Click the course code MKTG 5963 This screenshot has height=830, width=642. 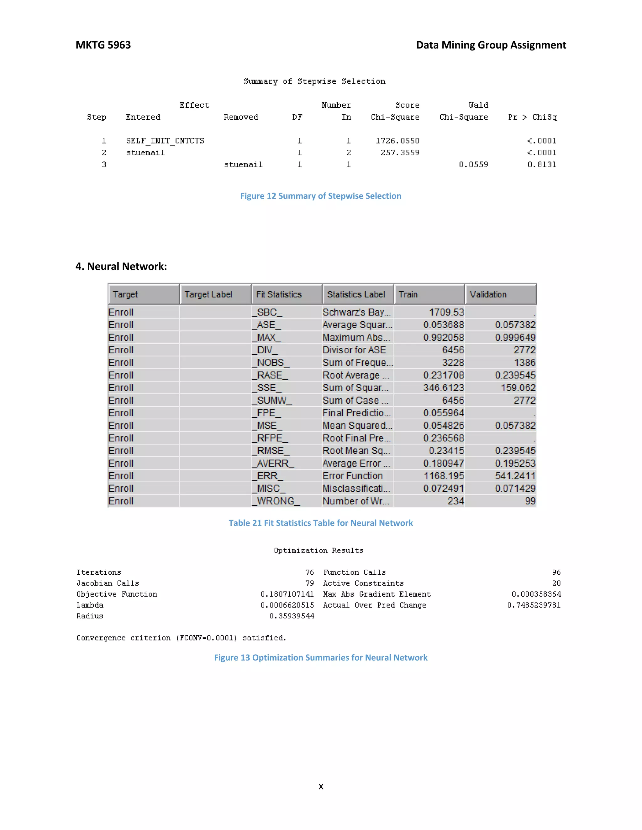(x=103, y=45)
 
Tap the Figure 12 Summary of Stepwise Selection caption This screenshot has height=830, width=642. (x=321, y=196)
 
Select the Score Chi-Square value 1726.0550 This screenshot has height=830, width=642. (x=397, y=141)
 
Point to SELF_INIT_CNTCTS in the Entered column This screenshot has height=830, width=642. (x=165, y=141)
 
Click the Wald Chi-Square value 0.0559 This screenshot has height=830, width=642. (x=473, y=164)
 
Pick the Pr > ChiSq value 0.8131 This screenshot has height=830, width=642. (x=542, y=164)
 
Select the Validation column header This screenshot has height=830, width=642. (x=488, y=294)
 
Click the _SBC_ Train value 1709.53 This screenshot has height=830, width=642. (x=446, y=312)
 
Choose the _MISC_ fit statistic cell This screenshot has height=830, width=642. (x=269, y=488)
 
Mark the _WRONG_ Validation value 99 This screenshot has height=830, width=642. (x=530, y=501)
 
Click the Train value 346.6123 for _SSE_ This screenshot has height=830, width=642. (x=444, y=388)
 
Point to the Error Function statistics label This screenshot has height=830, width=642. (x=353, y=476)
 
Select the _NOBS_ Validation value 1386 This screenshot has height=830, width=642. (x=524, y=363)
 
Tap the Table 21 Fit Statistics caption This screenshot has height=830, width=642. (x=321, y=523)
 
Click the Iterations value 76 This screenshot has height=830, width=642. (x=310, y=572)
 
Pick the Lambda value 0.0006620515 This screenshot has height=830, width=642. (x=287, y=605)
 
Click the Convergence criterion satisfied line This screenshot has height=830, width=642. (x=181, y=638)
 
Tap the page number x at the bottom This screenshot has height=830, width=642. (x=321, y=786)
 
